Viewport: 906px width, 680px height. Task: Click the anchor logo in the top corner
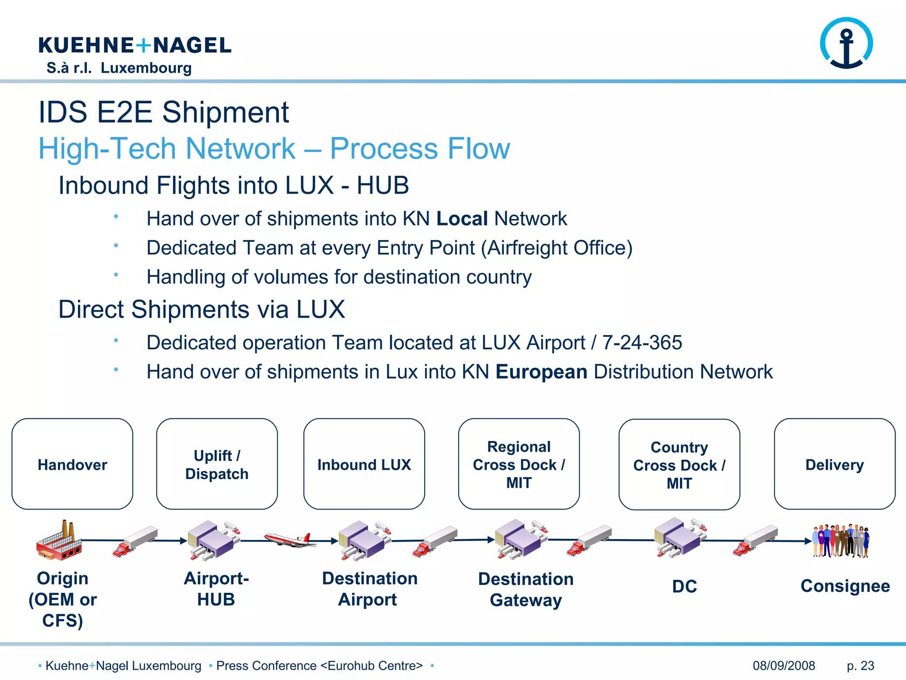click(x=846, y=43)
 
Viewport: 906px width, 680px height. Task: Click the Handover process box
click(x=73, y=464)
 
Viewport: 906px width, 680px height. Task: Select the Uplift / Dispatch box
click(x=217, y=464)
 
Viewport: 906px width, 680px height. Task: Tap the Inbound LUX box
click(x=364, y=464)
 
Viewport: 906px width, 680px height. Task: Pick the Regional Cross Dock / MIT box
click(x=519, y=464)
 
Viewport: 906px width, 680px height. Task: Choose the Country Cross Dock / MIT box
click(x=679, y=464)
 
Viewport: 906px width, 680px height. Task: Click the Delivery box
click(x=834, y=464)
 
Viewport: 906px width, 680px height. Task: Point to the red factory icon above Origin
click(x=59, y=541)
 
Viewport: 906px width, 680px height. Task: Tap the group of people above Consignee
click(x=841, y=541)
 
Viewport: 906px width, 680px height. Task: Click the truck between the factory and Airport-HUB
click(x=135, y=541)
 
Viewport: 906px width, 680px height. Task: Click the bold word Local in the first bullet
click(x=462, y=219)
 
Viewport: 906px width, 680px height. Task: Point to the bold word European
click(x=541, y=372)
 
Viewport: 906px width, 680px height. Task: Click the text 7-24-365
click(x=642, y=343)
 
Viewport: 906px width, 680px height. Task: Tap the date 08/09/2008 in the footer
click(x=783, y=665)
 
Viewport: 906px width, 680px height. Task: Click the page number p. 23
click(x=860, y=665)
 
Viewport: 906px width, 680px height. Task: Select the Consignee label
click(x=845, y=586)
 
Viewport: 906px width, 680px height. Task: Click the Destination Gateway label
click(x=526, y=589)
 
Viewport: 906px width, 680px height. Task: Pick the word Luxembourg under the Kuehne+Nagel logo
click(x=146, y=68)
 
